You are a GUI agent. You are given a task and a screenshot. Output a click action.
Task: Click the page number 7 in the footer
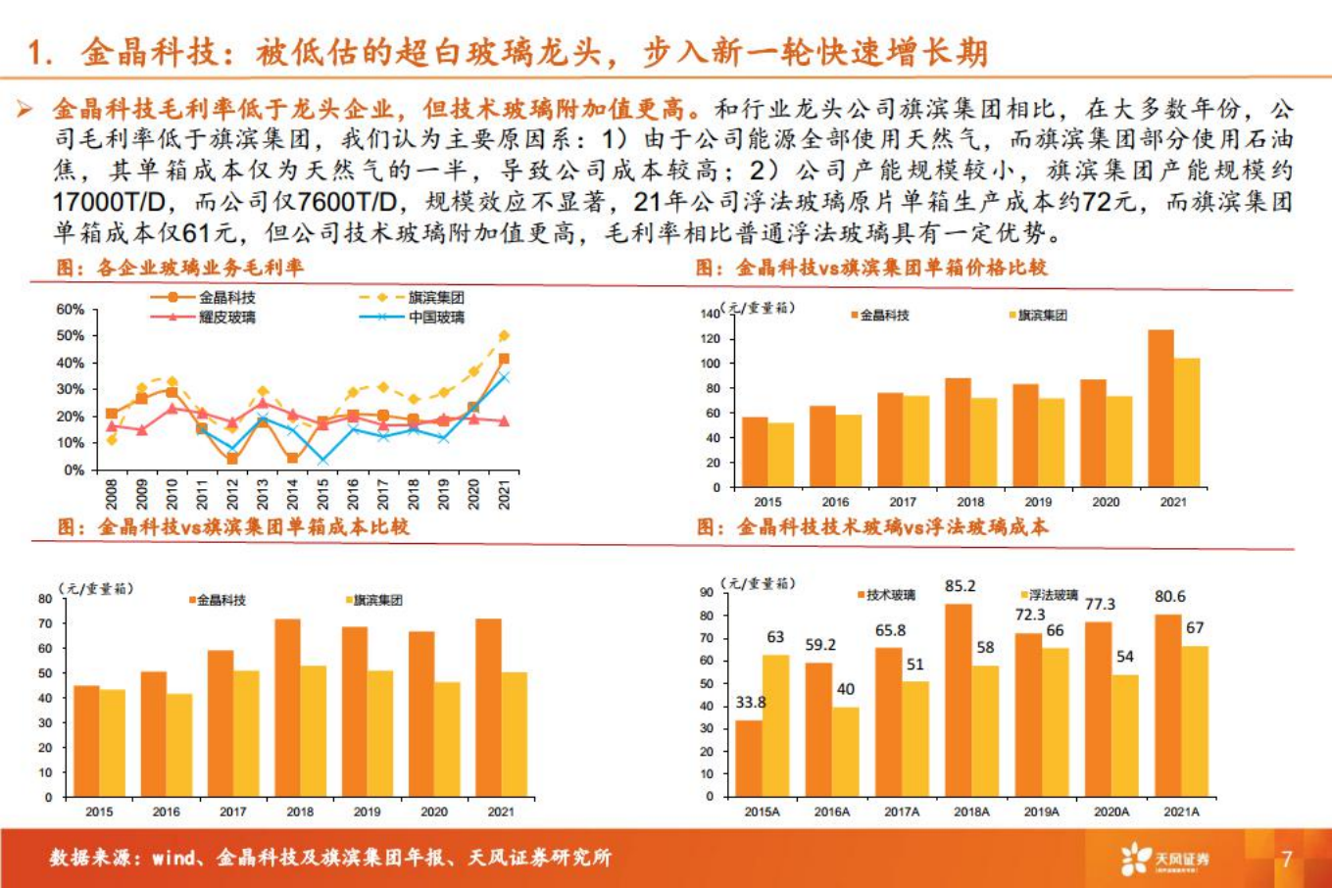point(1287,859)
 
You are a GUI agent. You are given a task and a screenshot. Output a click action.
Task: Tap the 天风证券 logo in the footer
point(1165,859)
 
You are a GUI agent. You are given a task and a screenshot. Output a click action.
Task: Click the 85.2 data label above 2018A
point(960,586)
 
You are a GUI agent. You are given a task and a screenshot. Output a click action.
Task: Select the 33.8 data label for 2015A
point(750,703)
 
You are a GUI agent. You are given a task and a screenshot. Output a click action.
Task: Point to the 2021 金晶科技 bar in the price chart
point(1160,408)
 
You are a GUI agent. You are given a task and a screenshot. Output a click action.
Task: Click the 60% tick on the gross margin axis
point(70,309)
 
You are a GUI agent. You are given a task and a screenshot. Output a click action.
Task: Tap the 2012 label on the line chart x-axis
point(232,493)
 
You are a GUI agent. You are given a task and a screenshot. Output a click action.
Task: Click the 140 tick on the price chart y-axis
point(711,314)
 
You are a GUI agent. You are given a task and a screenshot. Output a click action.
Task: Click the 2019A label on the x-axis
point(1041,812)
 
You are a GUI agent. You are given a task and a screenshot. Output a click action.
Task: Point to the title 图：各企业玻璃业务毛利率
point(179,268)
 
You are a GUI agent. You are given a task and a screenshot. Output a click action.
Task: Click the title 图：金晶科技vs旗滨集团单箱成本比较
point(232,527)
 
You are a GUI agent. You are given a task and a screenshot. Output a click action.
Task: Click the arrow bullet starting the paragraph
point(25,109)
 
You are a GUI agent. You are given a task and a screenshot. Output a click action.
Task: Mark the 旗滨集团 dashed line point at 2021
point(504,336)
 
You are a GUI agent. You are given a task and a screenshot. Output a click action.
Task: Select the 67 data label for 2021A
point(1194,628)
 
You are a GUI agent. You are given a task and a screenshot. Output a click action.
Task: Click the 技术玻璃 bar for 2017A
point(888,721)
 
